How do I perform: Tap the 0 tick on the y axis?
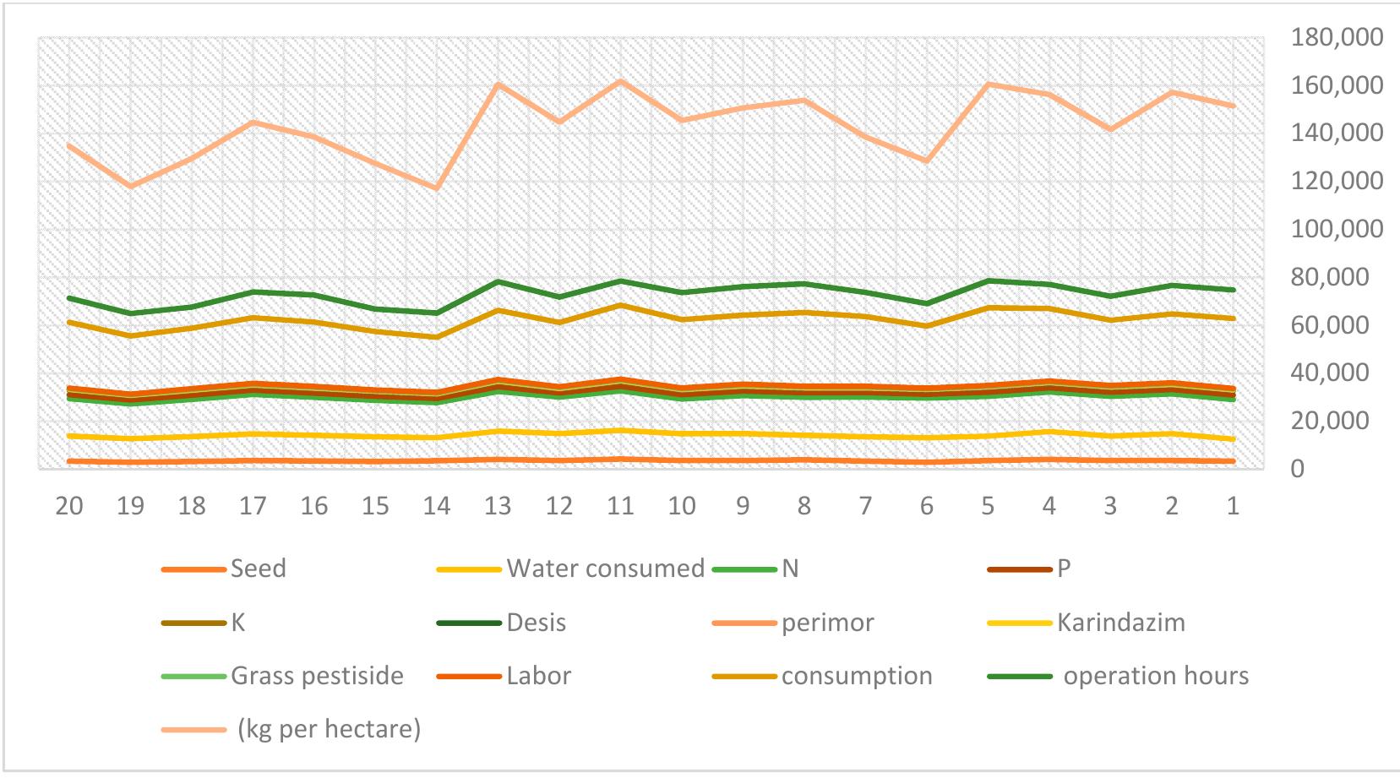click(1297, 469)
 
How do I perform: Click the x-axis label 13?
click(498, 506)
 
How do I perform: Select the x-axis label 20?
click(69, 506)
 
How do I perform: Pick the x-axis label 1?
click(1233, 506)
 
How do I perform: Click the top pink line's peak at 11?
click(620, 81)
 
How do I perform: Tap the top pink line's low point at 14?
click(437, 188)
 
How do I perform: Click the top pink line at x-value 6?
click(927, 160)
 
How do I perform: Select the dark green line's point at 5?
click(988, 280)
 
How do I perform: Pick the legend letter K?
click(238, 623)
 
